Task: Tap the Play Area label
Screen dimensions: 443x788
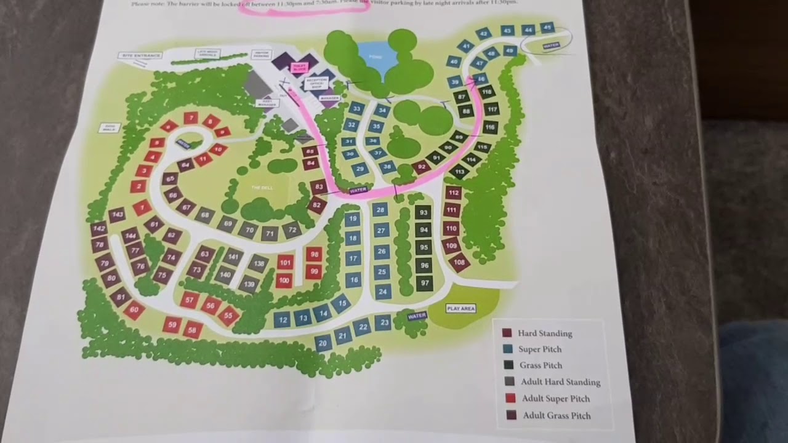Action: (x=461, y=308)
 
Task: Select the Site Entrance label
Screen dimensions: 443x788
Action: (x=141, y=55)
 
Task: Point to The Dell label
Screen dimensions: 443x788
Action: (x=262, y=188)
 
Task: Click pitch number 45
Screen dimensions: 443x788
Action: (x=547, y=28)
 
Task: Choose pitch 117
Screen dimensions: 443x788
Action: (x=491, y=110)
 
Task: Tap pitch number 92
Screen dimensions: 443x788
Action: (x=422, y=167)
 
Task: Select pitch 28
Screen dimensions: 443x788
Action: (x=380, y=210)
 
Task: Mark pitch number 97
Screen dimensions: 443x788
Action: (x=425, y=283)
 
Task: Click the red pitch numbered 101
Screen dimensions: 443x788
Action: (x=284, y=263)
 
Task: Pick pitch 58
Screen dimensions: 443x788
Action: (x=193, y=330)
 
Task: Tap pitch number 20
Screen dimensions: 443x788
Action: (x=323, y=343)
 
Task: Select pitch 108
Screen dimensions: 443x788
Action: (x=459, y=263)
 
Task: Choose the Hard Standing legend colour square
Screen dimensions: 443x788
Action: (x=507, y=333)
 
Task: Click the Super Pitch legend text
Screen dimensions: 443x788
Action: (x=539, y=349)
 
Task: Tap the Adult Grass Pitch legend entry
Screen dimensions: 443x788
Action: (x=557, y=415)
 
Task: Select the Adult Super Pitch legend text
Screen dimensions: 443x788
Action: (x=556, y=399)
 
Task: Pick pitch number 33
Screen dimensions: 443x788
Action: (x=356, y=109)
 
